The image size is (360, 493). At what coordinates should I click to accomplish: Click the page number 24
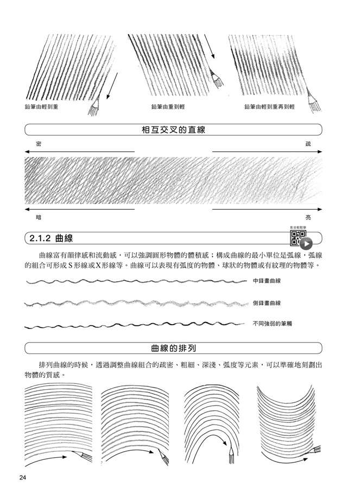(23, 478)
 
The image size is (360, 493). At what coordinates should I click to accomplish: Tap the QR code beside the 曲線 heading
(298, 238)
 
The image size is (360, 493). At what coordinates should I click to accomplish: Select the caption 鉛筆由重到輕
(168, 107)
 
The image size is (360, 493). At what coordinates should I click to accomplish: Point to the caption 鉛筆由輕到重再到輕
(269, 107)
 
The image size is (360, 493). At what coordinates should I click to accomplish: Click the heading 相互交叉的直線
(174, 130)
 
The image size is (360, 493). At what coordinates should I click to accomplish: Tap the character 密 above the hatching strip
(39, 144)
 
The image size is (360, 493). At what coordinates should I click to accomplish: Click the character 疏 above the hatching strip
(308, 144)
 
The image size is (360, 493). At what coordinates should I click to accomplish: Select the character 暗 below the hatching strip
(39, 217)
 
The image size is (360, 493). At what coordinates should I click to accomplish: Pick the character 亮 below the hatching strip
(308, 217)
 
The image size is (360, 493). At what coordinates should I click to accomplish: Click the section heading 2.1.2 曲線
(51, 238)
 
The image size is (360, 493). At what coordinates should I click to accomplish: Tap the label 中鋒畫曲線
(267, 281)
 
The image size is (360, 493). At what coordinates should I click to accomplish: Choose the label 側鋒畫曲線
(267, 303)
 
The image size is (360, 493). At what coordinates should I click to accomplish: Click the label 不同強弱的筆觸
(272, 323)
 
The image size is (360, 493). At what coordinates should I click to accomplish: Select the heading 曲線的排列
(174, 348)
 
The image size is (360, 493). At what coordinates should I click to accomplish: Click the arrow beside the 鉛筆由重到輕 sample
(209, 47)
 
